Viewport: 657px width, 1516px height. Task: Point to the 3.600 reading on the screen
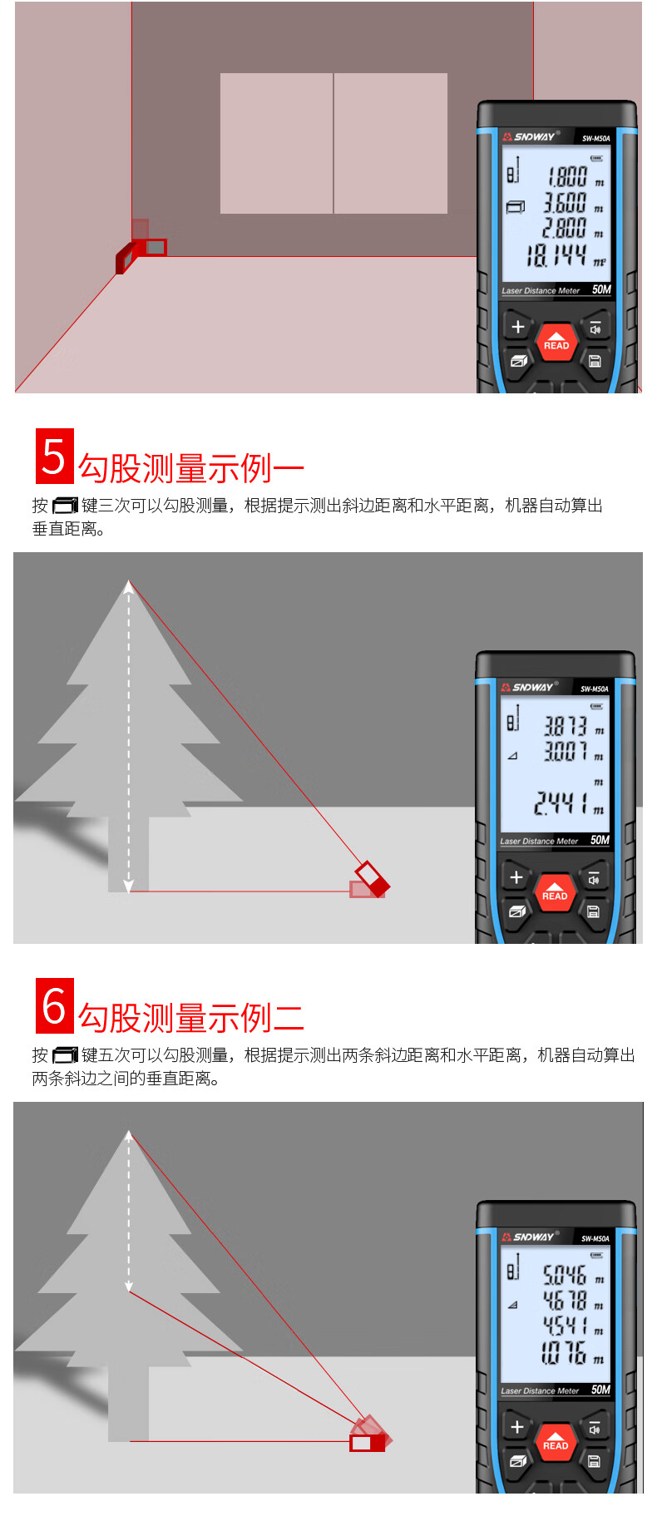[x=566, y=203]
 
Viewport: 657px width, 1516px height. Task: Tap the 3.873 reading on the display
[x=566, y=726]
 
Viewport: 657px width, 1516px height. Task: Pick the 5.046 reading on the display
[x=565, y=1275]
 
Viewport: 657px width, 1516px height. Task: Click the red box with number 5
[x=55, y=456]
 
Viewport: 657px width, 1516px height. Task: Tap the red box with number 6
[x=55, y=1005]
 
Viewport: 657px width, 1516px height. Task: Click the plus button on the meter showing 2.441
[x=516, y=877]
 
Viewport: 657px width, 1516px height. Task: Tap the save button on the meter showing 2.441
[x=594, y=911]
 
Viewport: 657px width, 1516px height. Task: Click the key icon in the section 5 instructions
[x=65, y=506]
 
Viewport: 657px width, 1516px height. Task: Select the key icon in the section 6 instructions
[x=65, y=1055]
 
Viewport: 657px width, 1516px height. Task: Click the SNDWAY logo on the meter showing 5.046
[x=529, y=1237]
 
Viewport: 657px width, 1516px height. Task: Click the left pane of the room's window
[x=277, y=143]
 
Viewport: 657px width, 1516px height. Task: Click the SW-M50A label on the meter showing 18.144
[x=596, y=139]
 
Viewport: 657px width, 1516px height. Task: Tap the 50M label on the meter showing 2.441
[x=600, y=840]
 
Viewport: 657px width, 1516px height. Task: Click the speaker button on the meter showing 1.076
[x=595, y=1428]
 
